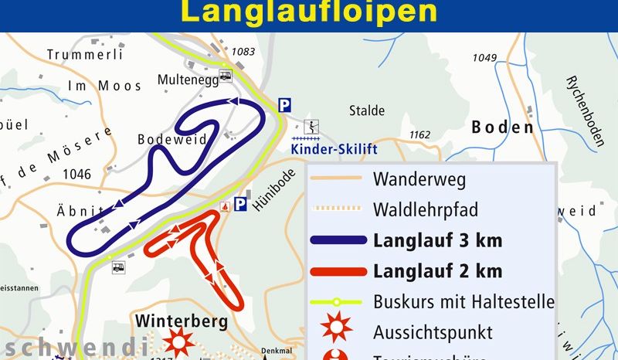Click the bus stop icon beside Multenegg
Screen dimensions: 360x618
point(226,76)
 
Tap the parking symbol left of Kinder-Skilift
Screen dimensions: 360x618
point(285,104)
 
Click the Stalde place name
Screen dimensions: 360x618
point(367,110)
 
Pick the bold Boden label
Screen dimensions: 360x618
point(502,127)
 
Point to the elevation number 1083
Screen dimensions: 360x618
point(243,52)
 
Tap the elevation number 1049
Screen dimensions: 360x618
point(484,58)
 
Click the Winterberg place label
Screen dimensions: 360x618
point(182,320)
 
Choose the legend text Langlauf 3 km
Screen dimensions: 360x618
point(437,240)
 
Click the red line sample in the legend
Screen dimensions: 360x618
point(338,271)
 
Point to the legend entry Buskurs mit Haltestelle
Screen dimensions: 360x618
point(463,301)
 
